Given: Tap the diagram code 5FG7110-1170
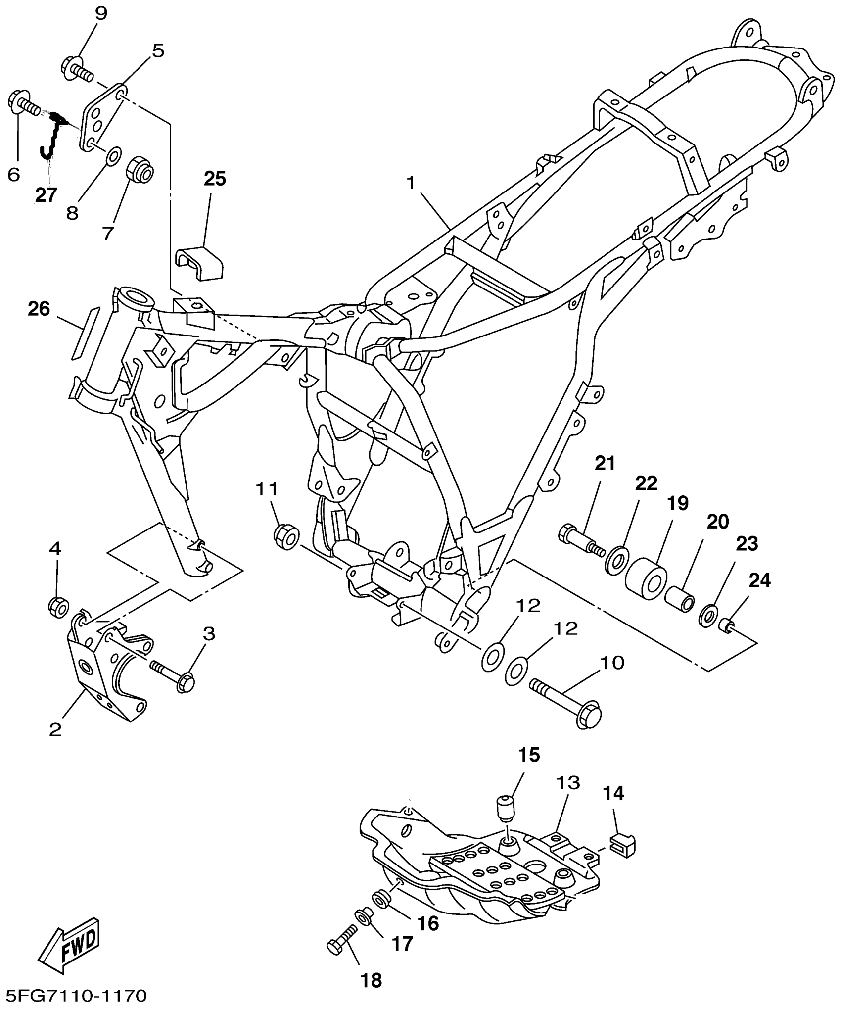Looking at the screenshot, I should pyautogui.click(x=74, y=996).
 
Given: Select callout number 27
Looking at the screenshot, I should pyautogui.click(x=46, y=195).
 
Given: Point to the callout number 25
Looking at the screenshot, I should pyautogui.click(x=215, y=179).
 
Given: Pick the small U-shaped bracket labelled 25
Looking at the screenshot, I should pyautogui.click(x=199, y=261).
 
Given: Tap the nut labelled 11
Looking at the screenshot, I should pyautogui.click(x=286, y=536).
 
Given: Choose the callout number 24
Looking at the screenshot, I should pyautogui.click(x=760, y=580).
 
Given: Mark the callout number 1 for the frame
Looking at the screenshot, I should pyautogui.click(x=410, y=183).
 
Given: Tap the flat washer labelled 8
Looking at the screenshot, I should pyautogui.click(x=112, y=156).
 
